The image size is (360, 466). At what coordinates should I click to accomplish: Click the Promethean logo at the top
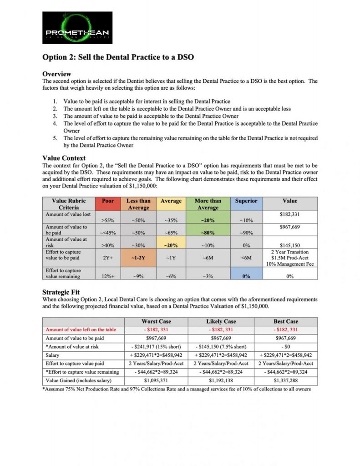[77, 28]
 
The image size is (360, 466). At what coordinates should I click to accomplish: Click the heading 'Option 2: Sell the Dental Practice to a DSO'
[118, 57]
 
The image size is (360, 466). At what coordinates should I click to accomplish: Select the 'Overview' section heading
[56, 74]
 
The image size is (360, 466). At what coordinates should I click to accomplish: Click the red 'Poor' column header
[107, 201]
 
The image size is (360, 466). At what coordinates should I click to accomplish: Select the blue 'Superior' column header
[246, 201]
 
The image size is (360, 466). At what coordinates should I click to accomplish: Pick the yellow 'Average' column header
[171, 201]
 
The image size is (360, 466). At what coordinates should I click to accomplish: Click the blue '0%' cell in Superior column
[246, 276]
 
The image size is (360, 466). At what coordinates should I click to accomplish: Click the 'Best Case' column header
[286, 321]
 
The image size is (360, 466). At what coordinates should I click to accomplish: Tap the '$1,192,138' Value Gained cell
[221, 380]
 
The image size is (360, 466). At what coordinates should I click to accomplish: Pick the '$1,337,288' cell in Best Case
[286, 380]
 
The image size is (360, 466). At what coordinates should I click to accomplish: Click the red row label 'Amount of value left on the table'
[81, 329]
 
